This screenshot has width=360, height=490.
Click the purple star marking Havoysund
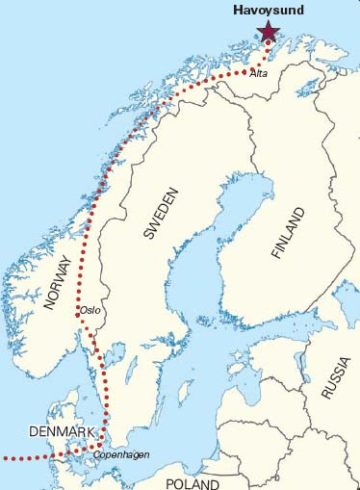[x=266, y=32]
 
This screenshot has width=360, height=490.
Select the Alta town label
[x=257, y=73]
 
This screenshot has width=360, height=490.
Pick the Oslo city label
[x=90, y=310]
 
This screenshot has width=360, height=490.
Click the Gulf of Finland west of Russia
[x=279, y=332]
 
